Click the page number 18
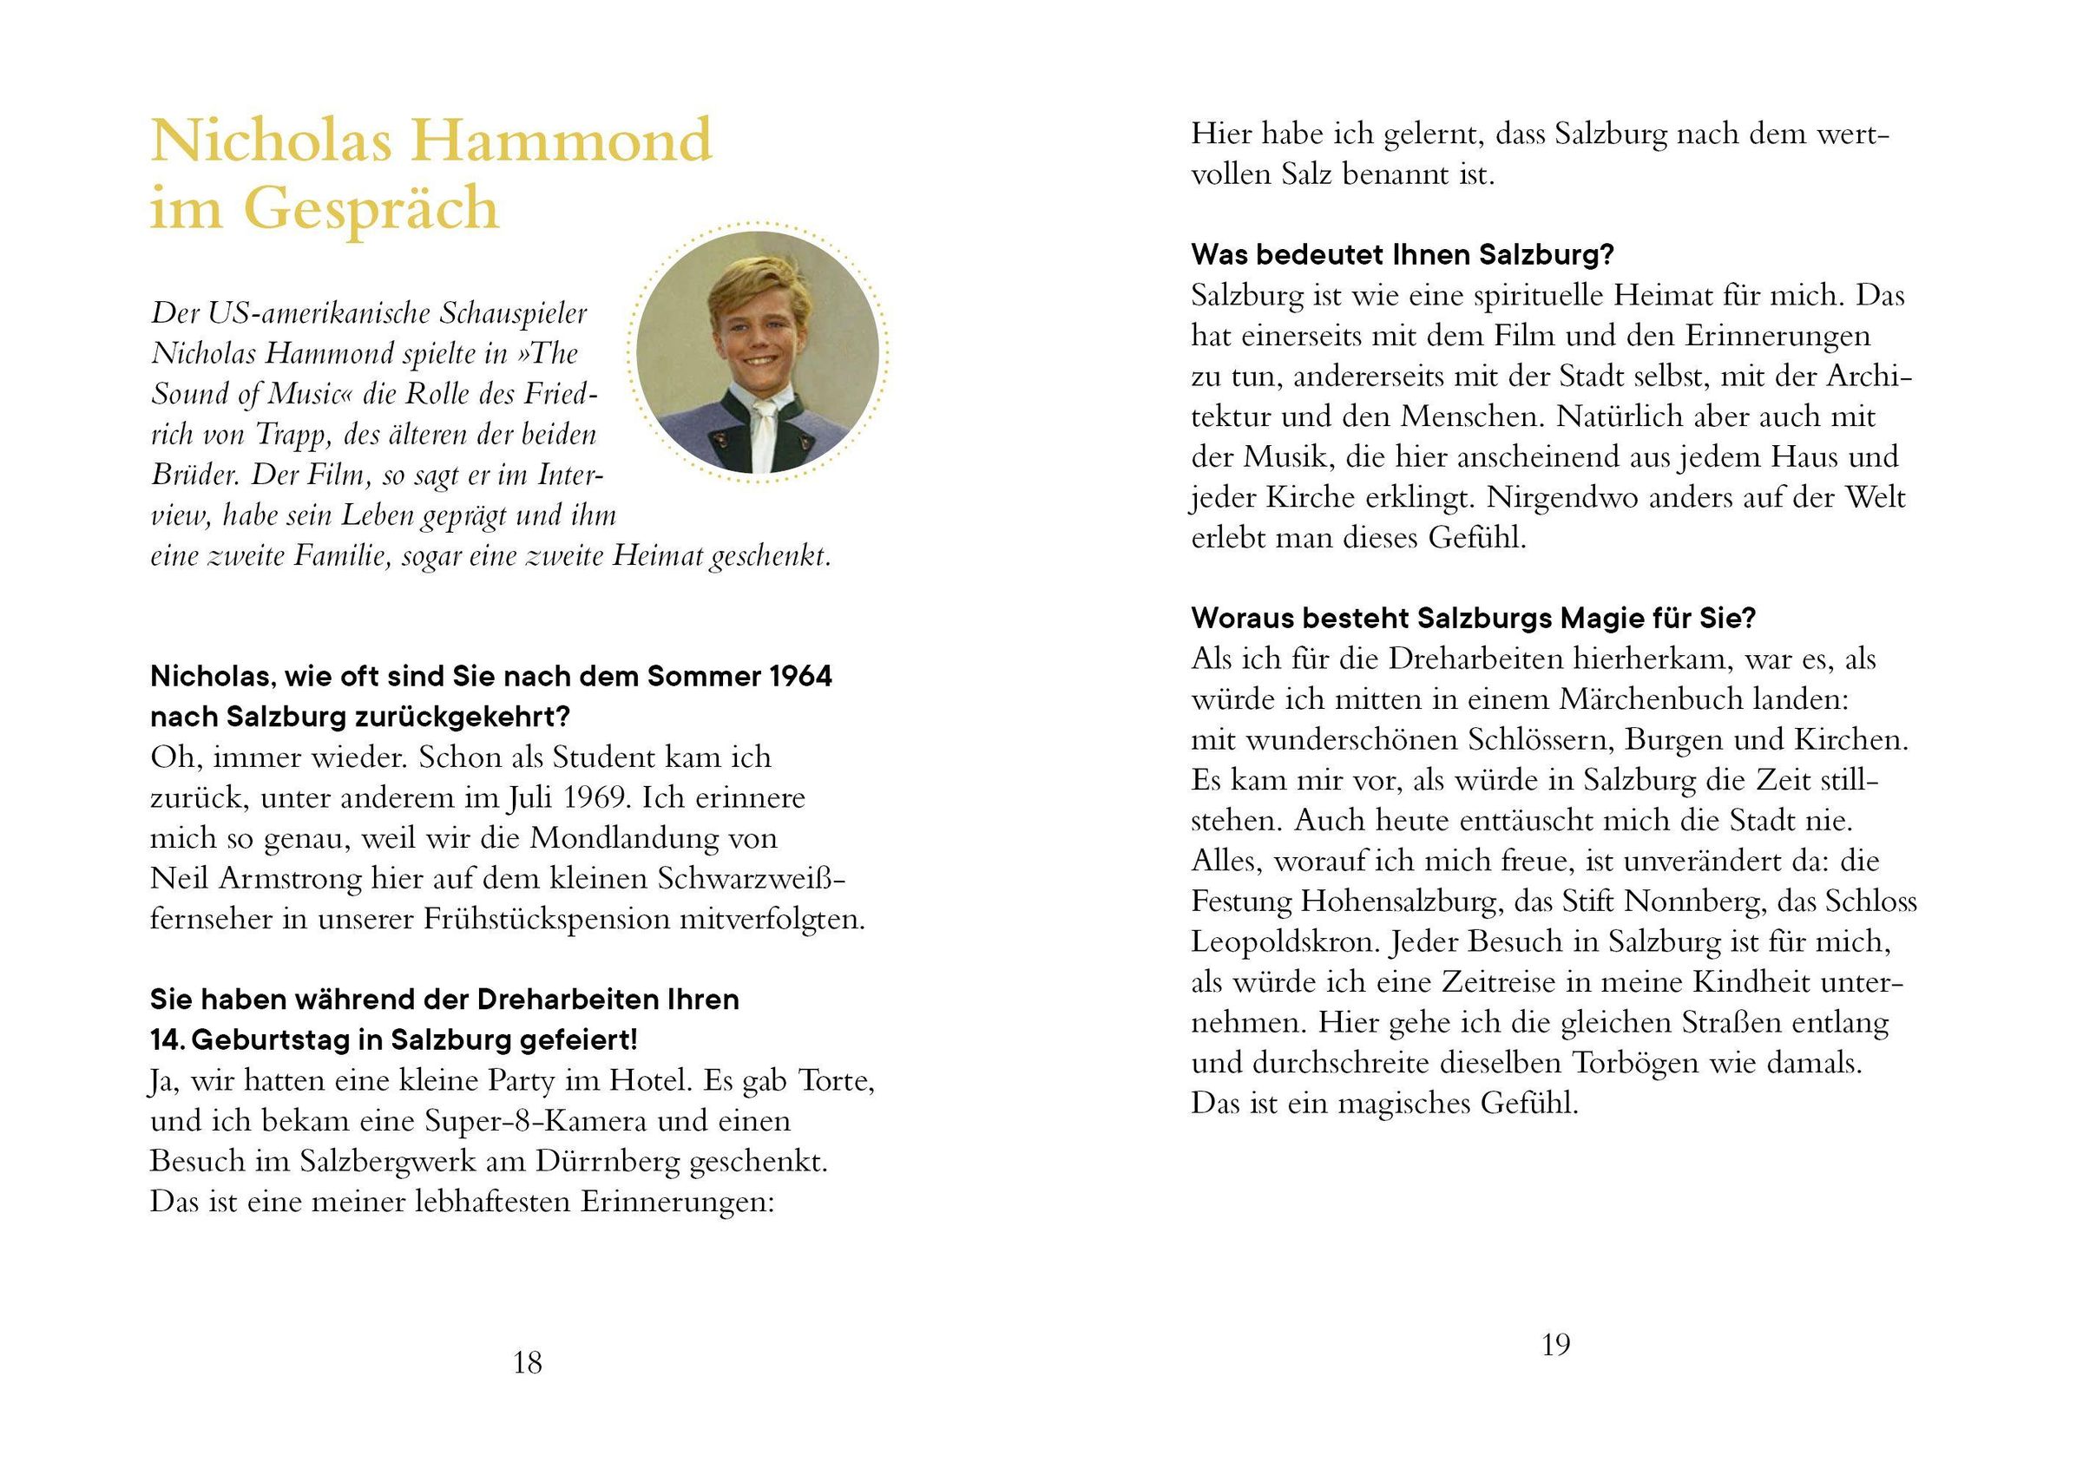coord(527,1362)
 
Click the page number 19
coord(1555,1344)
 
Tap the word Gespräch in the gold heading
coord(371,208)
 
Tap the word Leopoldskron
coord(1285,942)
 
